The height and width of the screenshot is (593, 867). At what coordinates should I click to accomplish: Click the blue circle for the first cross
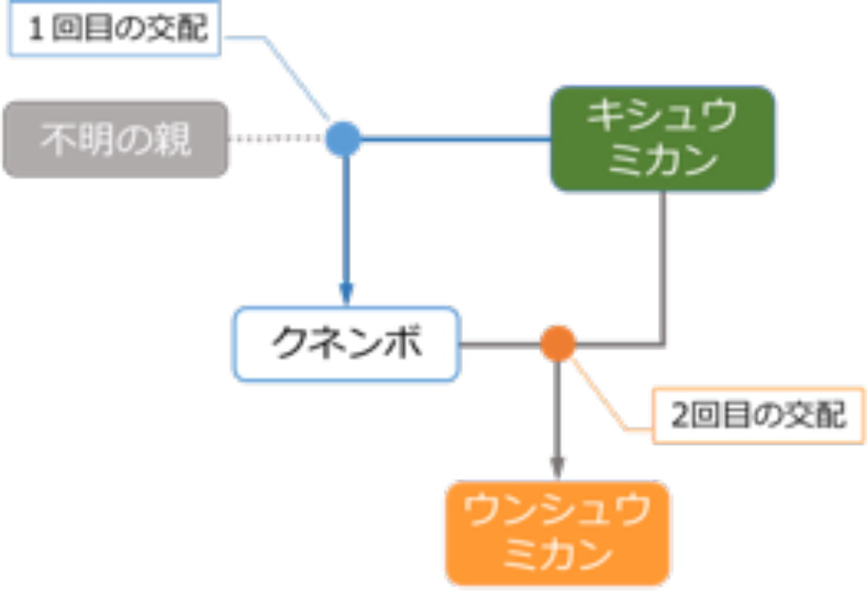click(343, 139)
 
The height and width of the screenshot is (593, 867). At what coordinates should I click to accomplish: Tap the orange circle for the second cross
click(558, 344)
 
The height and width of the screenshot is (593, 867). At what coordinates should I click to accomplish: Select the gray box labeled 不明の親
click(115, 139)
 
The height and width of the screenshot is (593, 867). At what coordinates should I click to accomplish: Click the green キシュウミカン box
click(663, 139)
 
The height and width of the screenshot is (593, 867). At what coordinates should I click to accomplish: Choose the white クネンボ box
click(346, 344)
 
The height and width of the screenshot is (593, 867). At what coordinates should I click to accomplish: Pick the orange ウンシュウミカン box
click(558, 532)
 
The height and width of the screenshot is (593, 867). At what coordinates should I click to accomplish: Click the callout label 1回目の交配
click(115, 30)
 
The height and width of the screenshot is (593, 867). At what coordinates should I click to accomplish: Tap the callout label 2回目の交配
click(757, 415)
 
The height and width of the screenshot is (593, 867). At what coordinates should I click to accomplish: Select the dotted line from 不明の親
click(277, 139)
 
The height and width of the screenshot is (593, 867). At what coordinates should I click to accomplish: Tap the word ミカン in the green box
click(663, 161)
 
